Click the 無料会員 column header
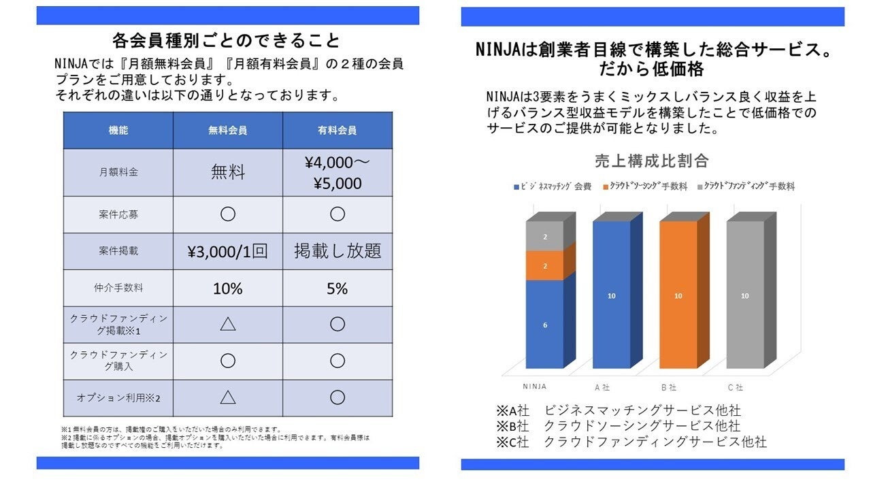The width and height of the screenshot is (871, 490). [227, 131]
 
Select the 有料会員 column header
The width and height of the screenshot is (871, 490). [337, 131]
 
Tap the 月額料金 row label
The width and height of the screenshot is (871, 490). [118, 173]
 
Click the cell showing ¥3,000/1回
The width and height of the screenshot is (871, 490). [227, 251]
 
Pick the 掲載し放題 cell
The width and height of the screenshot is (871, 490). [337, 251]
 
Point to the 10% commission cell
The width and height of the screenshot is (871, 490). [227, 289]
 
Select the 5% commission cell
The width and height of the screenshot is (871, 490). [337, 289]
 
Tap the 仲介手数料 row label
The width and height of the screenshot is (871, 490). [118, 289]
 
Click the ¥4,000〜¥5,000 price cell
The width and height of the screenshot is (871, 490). [337, 173]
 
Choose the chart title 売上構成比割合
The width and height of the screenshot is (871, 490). [652, 161]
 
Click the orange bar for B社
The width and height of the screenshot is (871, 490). [678, 296]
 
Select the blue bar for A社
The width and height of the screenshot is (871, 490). [611, 296]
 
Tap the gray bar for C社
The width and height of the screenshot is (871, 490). [744, 296]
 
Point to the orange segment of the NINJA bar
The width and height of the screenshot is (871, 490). [544, 265]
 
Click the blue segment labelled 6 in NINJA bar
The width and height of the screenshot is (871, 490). [544, 325]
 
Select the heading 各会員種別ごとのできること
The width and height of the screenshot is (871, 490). [227, 41]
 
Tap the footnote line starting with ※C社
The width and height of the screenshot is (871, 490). [631, 442]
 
